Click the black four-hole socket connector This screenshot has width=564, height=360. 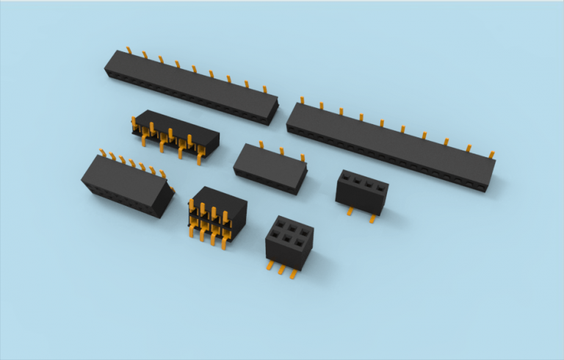coord(361,192)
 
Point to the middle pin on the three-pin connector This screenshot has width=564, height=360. coord(281,151)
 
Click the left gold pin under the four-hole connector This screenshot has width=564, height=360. coord(351,211)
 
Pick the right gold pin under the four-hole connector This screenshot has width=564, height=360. coord(373,217)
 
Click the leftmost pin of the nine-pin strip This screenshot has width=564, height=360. coord(129,51)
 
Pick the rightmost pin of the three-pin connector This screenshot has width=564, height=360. coord(301,156)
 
